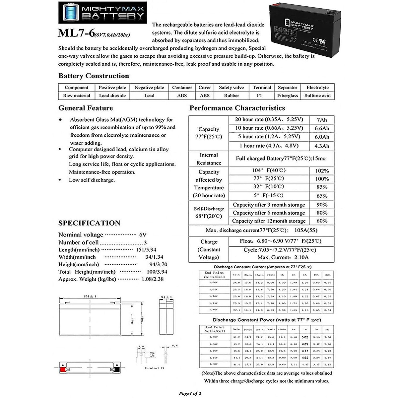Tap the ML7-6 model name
(76, 33)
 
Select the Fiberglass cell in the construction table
(288, 96)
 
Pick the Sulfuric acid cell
(317, 96)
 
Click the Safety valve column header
(231, 88)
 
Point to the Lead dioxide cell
(112, 96)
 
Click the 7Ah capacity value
(322, 120)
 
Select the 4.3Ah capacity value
(322, 146)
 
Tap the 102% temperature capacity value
(322, 171)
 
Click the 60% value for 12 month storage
(322, 221)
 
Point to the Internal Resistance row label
(209, 159)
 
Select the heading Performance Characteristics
(237, 108)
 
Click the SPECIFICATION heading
(89, 223)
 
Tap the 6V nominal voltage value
(143, 234)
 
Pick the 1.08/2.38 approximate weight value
(152, 279)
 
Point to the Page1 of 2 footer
(190, 393)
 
